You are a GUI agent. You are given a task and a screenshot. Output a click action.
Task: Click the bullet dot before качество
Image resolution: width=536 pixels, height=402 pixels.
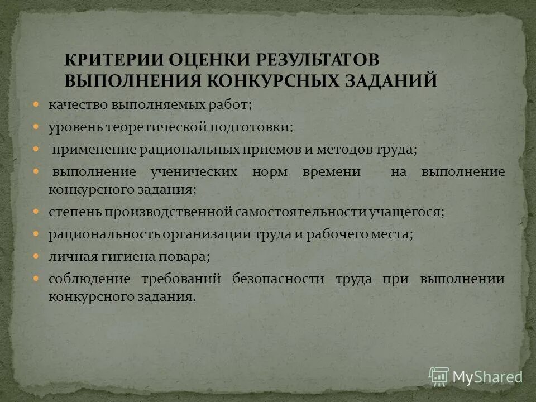coord(36,104)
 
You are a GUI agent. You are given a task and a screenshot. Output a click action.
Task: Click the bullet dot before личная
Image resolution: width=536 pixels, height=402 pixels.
coord(36,256)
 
